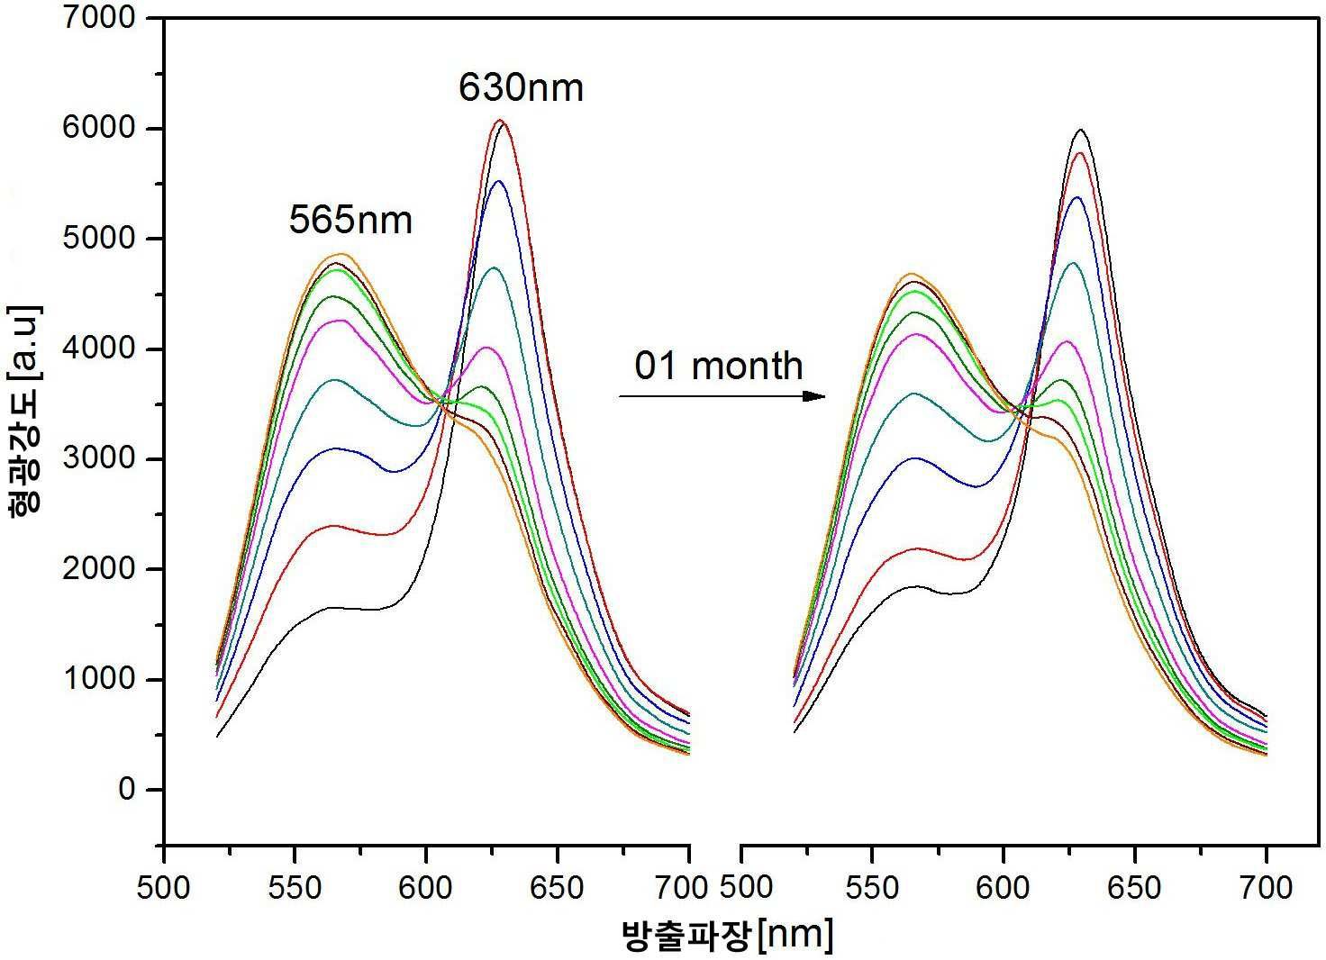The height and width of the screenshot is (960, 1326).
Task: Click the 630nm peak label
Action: click(x=521, y=87)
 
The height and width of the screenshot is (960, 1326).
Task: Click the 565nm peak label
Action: click(x=350, y=220)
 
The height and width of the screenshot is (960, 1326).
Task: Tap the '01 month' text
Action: click(x=719, y=366)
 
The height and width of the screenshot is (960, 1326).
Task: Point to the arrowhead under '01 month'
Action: click(x=814, y=396)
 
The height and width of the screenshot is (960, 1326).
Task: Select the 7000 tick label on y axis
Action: click(x=99, y=18)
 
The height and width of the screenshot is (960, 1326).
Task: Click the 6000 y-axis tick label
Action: click(x=99, y=128)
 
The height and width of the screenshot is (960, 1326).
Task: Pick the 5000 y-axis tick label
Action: click(x=99, y=238)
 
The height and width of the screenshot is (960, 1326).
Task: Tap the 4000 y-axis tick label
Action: click(x=99, y=348)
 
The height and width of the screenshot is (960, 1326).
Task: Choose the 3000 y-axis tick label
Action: click(x=99, y=458)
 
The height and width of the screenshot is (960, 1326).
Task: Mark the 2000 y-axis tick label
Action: click(x=99, y=569)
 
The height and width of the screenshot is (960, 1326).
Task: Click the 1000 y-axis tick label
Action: click(x=99, y=679)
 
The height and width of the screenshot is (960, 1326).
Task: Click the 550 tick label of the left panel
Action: click(x=295, y=888)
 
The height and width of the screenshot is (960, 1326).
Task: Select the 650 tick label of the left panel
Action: click(x=557, y=888)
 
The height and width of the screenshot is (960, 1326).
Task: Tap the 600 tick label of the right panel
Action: click(x=1003, y=888)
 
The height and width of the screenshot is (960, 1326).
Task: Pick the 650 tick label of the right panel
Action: click(x=1134, y=888)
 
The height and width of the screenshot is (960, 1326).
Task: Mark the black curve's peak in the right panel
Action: click(x=1081, y=129)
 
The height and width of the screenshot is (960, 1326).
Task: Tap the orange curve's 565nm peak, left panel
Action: click(x=342, y=254)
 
